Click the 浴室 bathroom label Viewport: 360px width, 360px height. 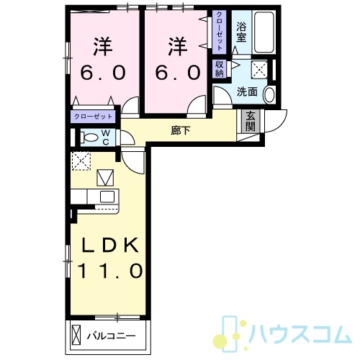[x=241, y=32]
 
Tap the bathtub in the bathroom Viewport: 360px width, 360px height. [x=264, y=32]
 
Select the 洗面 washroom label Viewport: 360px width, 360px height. [x=247, y=92]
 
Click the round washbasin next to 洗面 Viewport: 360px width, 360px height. [x=269, y=94]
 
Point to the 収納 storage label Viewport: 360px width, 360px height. [x=220, y=69]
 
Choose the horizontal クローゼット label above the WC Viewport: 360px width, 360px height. [x=93, y=117]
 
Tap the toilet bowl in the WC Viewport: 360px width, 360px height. [x=90, y=138]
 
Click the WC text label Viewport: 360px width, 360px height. [x=106, y=138]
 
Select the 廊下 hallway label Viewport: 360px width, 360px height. [x=181, y=131]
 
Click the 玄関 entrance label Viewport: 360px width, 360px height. [x=251, y=121]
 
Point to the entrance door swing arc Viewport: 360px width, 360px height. [x=279, y=122]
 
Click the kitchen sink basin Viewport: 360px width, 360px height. [x=107, y=197]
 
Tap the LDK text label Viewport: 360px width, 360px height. [x=110, y=245]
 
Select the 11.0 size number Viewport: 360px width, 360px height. [x=110, y=271]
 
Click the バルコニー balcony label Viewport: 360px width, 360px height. [x=111, y=336]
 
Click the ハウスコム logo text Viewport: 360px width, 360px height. [x=300, y=334]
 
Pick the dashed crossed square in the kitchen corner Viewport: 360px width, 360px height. [x=81, y=161]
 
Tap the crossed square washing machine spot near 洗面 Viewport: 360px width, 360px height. [x=259, y=69]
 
